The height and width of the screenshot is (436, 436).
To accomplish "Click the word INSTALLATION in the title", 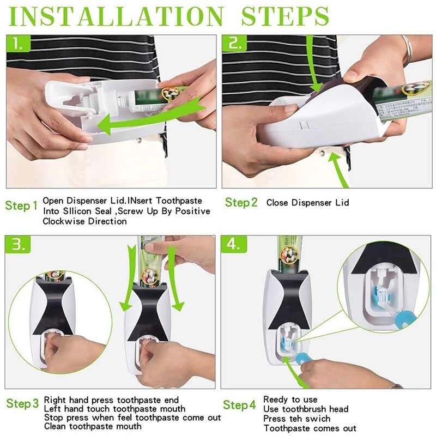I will point(116,16).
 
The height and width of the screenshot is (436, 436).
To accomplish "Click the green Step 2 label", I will point(241,203).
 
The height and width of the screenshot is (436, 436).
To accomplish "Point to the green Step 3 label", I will point(22,404).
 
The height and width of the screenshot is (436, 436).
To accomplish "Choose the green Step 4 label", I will point(239,405).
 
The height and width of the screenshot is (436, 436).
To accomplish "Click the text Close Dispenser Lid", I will point(307,203).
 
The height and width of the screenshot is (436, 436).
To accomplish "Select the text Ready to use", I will point(290,400).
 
